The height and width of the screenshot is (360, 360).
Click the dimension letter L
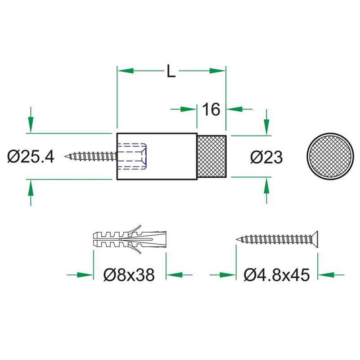171,71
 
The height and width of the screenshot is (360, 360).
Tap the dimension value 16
211,109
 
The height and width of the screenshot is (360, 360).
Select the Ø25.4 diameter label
31,157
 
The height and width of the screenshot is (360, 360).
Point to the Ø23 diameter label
266,157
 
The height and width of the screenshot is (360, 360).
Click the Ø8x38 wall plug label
129,274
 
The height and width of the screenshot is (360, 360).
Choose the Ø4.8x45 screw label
277,274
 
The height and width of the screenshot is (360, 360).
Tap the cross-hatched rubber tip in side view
211,156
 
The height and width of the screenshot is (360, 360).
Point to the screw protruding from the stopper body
90,157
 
